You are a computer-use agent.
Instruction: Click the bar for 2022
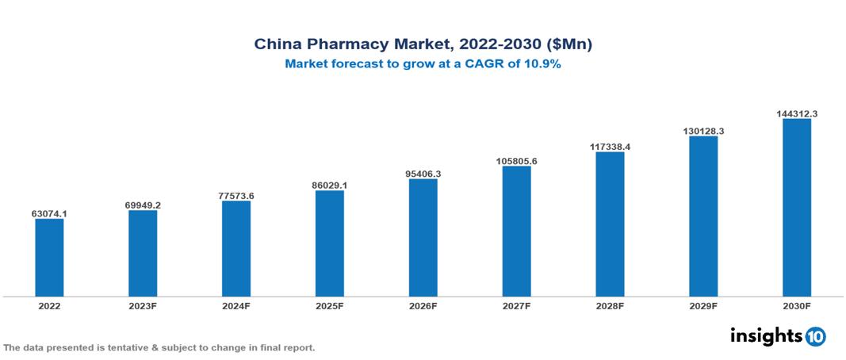pyautogui.click(x=49, y=257)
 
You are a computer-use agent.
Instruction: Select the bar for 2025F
pyautogui.click(x=329, y=243)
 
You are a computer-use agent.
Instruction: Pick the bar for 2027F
pyautogui.click(x=516, y=231)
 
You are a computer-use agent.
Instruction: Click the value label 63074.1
pyautogui.click(x=49, y=213)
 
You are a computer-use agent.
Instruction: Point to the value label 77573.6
pyautogui.click(x=236, y=195)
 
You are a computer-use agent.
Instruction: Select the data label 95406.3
pyautogui.click(x=423, y=173)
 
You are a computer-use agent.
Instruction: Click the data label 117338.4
pyautogui.click(x=610, y=146)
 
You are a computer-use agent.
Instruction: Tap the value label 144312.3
pyautogui.click(x=796, y=113)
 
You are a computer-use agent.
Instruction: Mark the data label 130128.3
pyautogui.click(x=703, y=130)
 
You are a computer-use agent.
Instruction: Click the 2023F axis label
pyautogui.click(x=143, y=305)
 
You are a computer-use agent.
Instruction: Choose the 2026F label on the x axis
pyautogui.click(x=423, y=305)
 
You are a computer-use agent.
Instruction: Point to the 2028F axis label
pyautogui.click(x=610, y=305)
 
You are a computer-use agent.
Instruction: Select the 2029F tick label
pyautogui.click(x=703, y=305)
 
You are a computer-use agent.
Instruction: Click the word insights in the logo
pyautogui.click(x=765, y=335)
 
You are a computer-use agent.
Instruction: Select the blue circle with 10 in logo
pyautogui.click(x=815, y=337)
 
